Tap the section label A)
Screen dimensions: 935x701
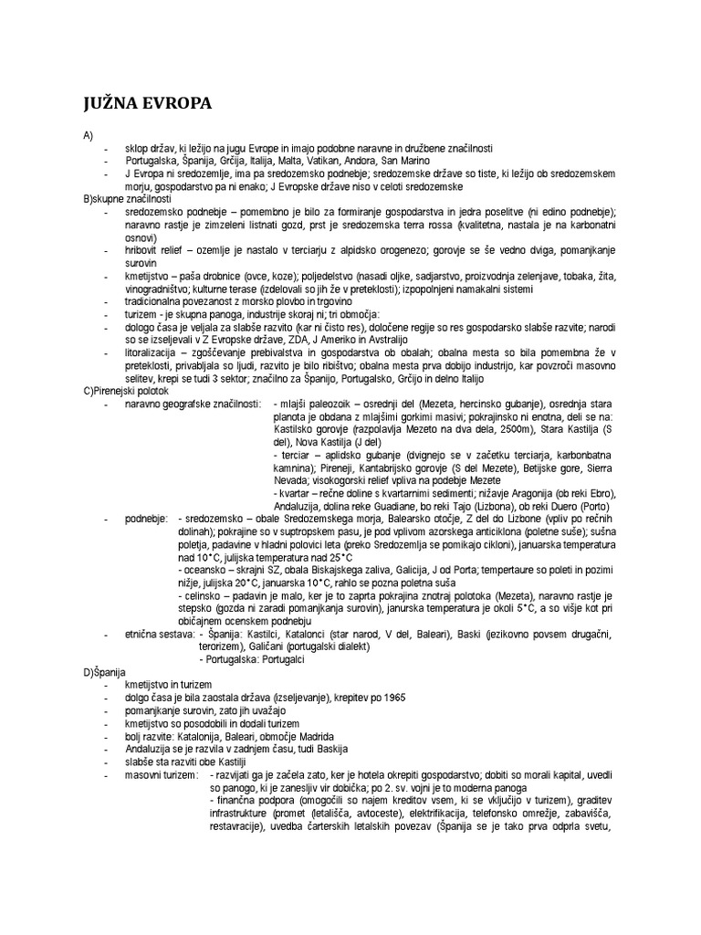coord(89,135)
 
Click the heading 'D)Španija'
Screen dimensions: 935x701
coord(108,672)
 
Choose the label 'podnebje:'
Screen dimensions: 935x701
coord(147,518)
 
